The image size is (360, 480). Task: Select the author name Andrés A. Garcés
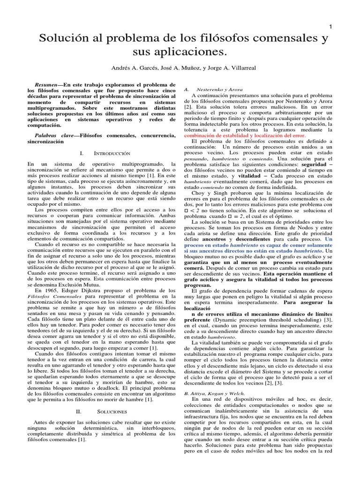pyautogui.click(x=135, y=68)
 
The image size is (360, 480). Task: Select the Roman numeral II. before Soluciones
pyautogui.click(x=79, y=411)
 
